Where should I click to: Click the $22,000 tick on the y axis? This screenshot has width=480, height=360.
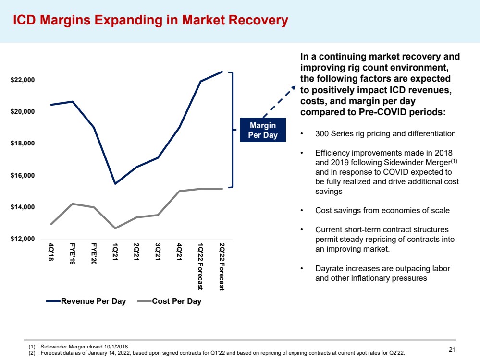(x=23, y=80)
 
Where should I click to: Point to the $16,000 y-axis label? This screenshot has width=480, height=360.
(x=23, y=175)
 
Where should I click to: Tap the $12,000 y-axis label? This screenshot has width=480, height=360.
(x=23, y=239)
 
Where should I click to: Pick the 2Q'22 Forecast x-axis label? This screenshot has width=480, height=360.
(x=222, y=267)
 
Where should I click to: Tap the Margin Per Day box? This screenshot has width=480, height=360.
(x=262, y=130)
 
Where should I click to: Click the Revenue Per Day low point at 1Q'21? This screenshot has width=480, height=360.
(x=115, y=184)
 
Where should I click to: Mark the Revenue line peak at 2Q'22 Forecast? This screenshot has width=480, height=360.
(x=222, y=72)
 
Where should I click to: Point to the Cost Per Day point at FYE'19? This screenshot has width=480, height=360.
(x=73, y=204)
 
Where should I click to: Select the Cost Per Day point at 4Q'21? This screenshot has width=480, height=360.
(x=179, y=191)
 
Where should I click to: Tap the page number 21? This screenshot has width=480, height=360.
(x=452, y=349)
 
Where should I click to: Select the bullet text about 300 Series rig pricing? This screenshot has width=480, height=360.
(x=385, y=134)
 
